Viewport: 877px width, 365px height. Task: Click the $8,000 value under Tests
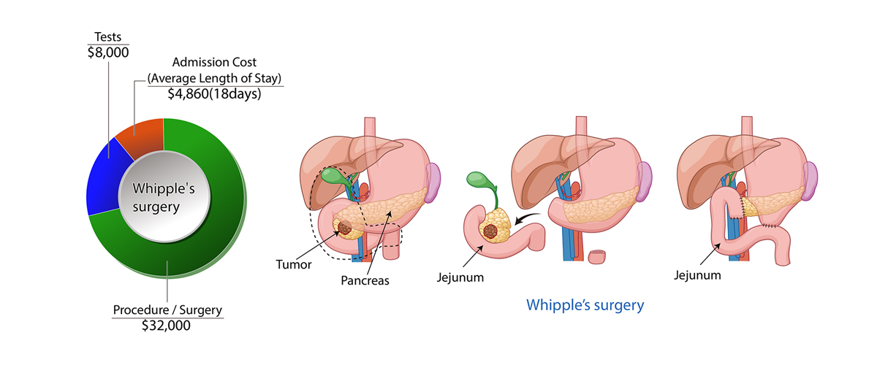point(107,52)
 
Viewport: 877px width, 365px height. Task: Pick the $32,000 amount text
point(167,326)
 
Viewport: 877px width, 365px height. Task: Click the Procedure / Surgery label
point(167,310)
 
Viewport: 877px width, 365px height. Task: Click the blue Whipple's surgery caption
point(585,304)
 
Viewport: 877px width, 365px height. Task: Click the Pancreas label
point(364,280)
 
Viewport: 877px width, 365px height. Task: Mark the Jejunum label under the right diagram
point(697,275)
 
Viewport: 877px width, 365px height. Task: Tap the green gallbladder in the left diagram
point(333,177)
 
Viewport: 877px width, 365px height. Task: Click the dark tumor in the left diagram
point(346,228)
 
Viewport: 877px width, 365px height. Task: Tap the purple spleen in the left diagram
point(433,180)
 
